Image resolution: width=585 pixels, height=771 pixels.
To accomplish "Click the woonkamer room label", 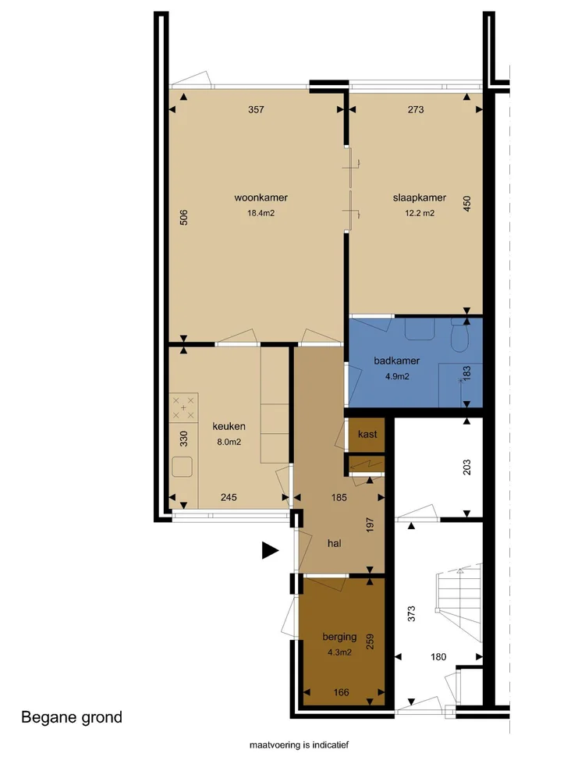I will coord(256,197).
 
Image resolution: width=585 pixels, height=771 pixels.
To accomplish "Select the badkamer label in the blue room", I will coord(397,361).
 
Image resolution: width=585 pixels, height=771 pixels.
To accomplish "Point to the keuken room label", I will coord(229,426).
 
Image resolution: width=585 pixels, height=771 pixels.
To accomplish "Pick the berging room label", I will coord(339,637).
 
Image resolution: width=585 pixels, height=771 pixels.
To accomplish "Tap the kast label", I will coord(367,434).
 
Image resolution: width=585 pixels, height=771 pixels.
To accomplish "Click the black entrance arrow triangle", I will coord(270,551).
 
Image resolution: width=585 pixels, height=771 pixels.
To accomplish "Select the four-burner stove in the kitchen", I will coord(183,407).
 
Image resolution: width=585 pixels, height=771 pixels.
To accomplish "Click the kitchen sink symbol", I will coord(183,467).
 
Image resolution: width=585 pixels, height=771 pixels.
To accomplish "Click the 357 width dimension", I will coord(257,110).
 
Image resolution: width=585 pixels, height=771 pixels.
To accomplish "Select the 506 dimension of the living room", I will coord(184,217).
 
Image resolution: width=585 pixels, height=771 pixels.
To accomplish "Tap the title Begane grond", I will coord(72,717).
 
